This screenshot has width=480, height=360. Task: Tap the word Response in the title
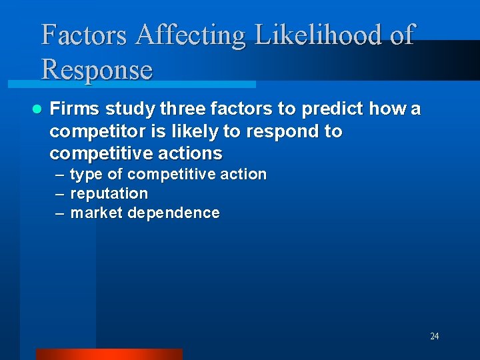pyautogui.click(x=97, y=69)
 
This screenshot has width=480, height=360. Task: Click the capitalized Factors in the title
pyautogui.click(x=85, y=35)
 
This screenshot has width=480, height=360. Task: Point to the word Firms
pyautogui.click(x=73, y=109)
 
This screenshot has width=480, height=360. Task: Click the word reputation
pyautogui.click(x=109, y=194)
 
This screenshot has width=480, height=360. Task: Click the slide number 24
pyautogui.click(x=434, y=336)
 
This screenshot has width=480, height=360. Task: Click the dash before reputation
pyautogui.click(x=60, y=194)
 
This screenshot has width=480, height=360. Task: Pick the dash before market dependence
pyautogui.click(x=60, y=213)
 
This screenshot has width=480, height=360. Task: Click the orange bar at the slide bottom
pyautogui.click(x=109, y=354)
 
